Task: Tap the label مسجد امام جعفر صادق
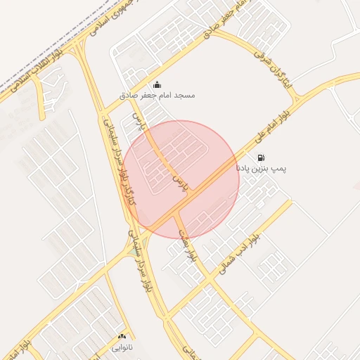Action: [156, 94]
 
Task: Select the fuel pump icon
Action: [262, 158]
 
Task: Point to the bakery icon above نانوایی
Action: [122, 337]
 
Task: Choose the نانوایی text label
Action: [122, 347]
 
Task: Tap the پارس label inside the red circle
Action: [182, 181]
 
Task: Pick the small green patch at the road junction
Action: [134, 250]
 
